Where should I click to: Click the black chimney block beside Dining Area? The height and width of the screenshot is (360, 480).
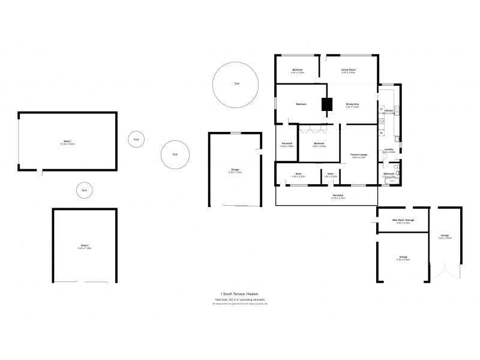pyautogui.click(x=326, y=104)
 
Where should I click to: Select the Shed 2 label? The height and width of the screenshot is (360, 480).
pyautogui.click(x=85, y=247)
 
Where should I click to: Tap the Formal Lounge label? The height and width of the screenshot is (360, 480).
pyautogui.click(x=359, y=155)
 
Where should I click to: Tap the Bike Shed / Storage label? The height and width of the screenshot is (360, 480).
pyautogui.click(x=403, y=221)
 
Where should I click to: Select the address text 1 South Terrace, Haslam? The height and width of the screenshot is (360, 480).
pyautogui.click(x=239, y=293)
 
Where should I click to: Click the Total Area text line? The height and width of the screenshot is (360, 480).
pyautogui.click(x=239, y=299)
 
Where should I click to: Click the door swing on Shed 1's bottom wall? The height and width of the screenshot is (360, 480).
pyautogui.click(x=40, y=173)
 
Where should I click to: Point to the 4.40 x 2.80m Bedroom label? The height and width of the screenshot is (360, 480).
pyautogui.click(x=298, y=71)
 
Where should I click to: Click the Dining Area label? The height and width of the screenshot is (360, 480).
pyautogui.click(x=352, y=105)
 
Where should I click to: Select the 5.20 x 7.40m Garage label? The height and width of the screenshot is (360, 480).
pyautogui.click(x=235, y=171)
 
